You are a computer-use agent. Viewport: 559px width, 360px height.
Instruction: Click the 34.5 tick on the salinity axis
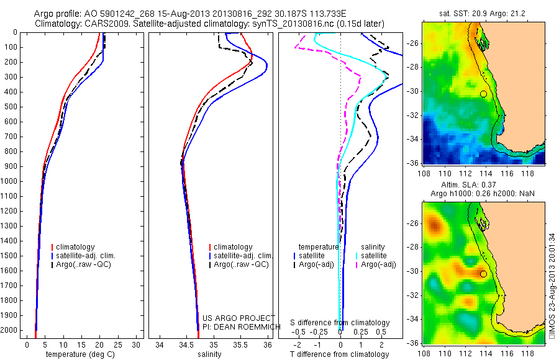tap(186, 344)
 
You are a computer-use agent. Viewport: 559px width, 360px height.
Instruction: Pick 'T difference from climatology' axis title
tap(340, 355)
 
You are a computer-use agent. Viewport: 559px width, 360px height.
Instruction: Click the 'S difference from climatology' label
tap(340, 323)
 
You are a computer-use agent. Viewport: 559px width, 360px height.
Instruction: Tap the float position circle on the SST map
tap(483, 94)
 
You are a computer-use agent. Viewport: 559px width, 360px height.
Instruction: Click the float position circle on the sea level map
tap(483, 274)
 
